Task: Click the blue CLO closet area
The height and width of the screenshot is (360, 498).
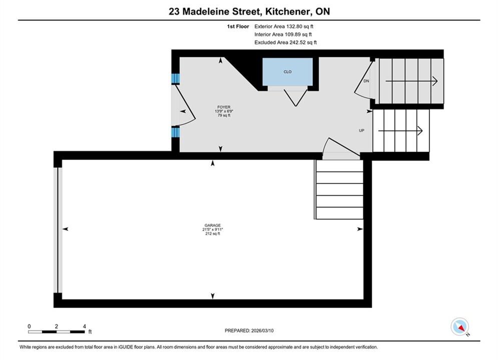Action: coord(287,71)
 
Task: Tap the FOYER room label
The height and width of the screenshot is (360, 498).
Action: coord(224,107)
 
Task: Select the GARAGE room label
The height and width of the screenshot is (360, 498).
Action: coord(213,225)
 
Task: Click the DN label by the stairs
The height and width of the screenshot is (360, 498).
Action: coord(366,81)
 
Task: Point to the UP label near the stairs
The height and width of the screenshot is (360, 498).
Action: coord(361,130)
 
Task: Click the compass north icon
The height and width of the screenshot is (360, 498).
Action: coord(459,326)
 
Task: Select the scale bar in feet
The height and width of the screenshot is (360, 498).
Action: coord(57,332)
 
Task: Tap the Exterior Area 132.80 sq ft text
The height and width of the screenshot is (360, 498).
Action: coord(284,26)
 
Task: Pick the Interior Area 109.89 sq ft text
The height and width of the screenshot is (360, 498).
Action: coord(283,34)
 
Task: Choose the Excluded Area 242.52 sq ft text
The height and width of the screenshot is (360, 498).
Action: coord(285,42)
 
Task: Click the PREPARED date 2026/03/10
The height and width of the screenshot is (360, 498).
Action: coord(249,330)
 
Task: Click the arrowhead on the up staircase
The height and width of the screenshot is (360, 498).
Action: coord(420,130)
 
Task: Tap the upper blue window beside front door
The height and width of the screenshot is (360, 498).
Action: coord(175,78)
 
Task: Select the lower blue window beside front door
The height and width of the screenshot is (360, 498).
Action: coord(175,132)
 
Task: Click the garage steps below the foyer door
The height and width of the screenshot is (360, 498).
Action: coord(339,189)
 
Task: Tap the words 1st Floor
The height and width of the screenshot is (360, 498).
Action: coord(238,26)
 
